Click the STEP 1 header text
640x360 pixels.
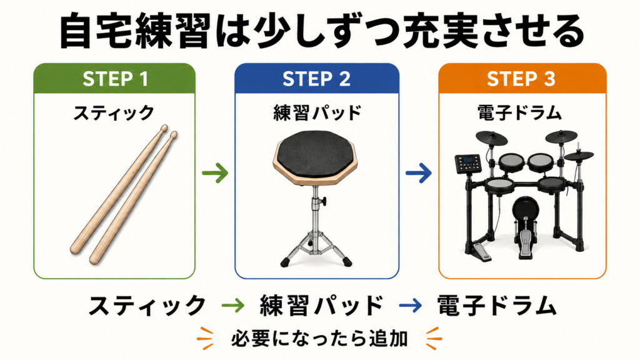click(x=115, y=79)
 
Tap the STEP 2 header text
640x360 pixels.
click(x=316, y=79)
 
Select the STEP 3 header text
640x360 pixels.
click(x=521, y=79)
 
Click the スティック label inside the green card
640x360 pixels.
click(x=114, y=112)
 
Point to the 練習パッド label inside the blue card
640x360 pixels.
click(x=317, y=112)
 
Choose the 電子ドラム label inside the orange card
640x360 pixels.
click(x=519, y=112)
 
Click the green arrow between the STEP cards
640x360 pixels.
click(x=215, y=173)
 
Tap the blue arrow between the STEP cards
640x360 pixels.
click(x=418, y=173)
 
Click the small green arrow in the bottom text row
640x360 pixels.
click(x=232, y=305)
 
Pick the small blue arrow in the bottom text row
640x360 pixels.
click(x=410, y=305)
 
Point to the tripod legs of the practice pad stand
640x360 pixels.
click(x=316, y=249)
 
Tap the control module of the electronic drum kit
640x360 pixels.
click(x=468, y=163)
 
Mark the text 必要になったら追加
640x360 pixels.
click(x=319, y=339)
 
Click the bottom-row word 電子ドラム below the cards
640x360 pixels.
click(x=497, y=305)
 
